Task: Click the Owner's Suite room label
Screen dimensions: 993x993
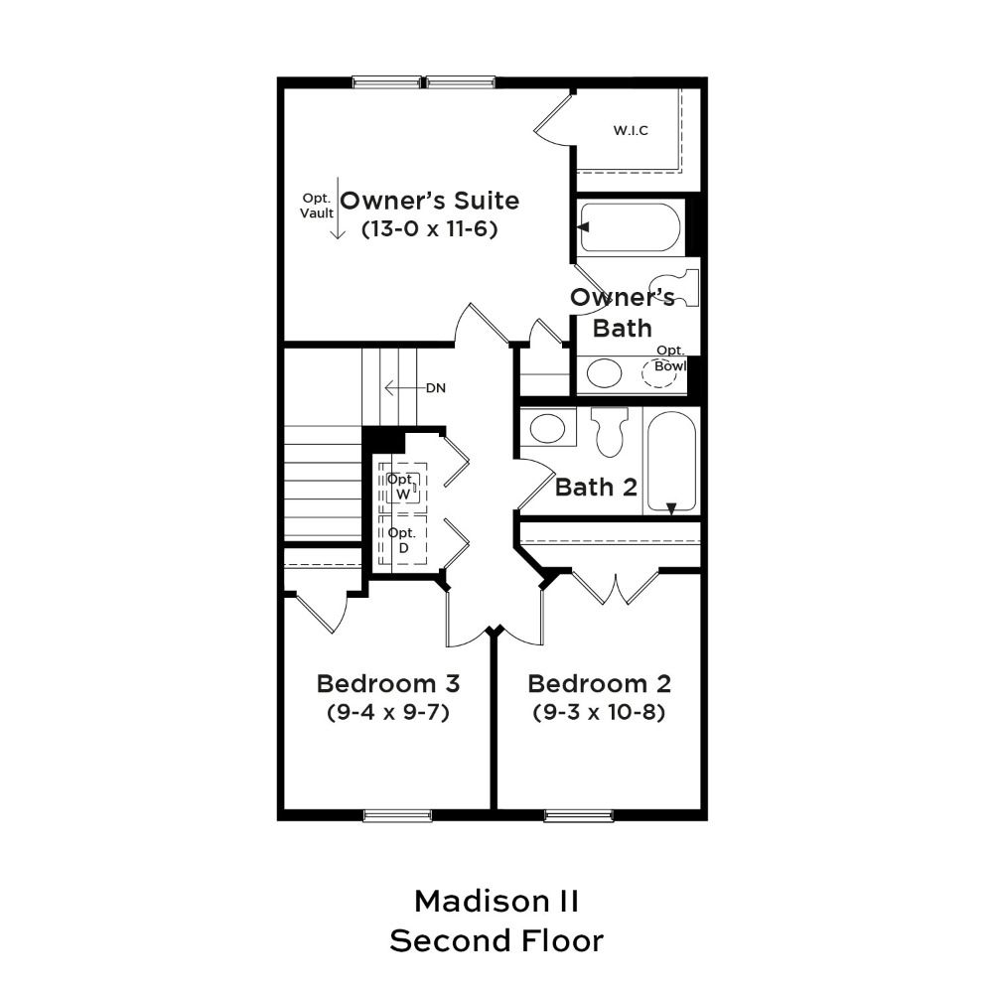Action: click(x=429, y=201)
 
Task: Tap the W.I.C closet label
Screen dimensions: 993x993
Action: click(x=631, y=130)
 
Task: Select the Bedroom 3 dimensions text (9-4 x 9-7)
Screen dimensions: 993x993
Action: click(x=388, y=712)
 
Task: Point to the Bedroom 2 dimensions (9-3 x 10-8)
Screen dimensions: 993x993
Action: click(x=599, y=712)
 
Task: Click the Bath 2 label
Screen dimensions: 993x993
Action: click(x=596, y=487)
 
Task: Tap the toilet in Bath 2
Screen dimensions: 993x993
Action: click(x=611, y=431)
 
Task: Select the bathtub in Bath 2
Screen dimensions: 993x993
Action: click(x=672, y=461)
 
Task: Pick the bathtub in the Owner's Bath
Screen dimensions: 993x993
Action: click(x=631, y=227)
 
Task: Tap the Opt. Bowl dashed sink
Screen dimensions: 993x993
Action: click(x=659, y=373)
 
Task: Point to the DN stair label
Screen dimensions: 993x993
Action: click(x=436, y=387)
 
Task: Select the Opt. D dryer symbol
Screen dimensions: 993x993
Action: click(x=403, y=539)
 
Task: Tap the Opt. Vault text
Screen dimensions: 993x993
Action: click(x=317, y=206)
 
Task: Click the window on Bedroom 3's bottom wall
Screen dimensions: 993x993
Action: click(x=398, y=816)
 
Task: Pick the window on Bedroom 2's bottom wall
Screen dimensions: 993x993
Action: click(x=579, y=816)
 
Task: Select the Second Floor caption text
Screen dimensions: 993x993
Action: click(x=496, y=941)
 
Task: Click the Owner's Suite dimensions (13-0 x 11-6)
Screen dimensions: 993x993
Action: click(x=429, y=228)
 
